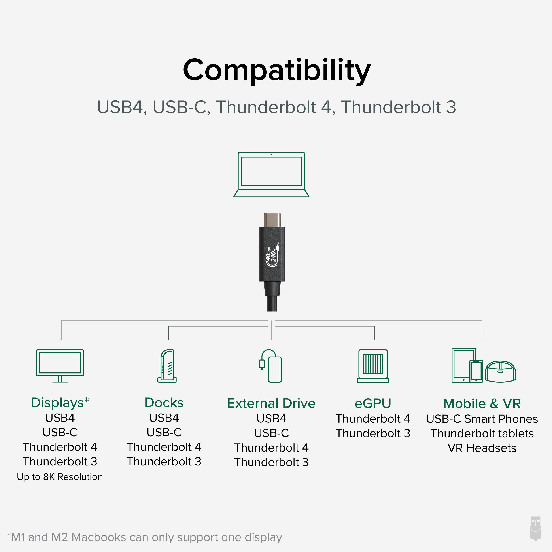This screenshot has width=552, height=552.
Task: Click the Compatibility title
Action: tap(277, 70)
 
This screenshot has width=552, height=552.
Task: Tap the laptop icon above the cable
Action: tap(271, 174)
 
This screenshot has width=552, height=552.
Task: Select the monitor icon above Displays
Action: tap(60, 365)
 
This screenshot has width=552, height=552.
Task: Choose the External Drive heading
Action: tap(271, 403)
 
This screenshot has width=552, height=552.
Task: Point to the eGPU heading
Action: tap(373, 403)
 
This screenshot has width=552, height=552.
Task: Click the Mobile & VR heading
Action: tap(482, 404)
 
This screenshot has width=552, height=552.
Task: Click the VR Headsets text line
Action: tap(482, 448)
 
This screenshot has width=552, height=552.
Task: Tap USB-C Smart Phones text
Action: tap(482, 419)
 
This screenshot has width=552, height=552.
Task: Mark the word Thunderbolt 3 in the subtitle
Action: tap(399, 107)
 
